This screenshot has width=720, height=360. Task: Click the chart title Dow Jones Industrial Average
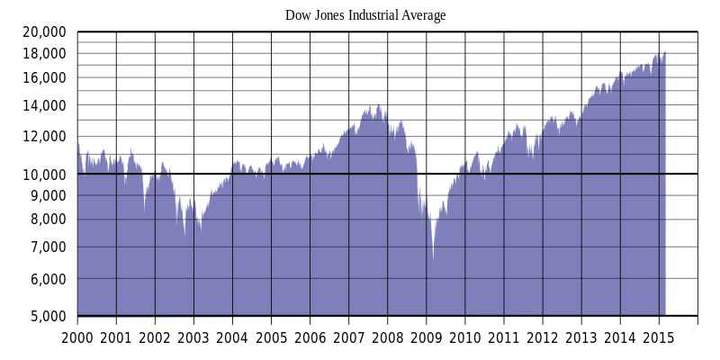click(x=365, y=15)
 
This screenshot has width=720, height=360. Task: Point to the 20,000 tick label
click(x=43, y=31)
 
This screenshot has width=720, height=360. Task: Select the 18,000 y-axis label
click(x=43, y=53)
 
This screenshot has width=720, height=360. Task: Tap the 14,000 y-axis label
click(x=43, y=105)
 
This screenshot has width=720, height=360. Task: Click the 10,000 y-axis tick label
click(x=43, y=174)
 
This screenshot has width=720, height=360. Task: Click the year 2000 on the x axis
click(x=77, y=337)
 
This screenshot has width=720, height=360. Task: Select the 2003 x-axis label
click(x=193, y=337)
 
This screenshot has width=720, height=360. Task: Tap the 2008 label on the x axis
click(x=387, y=337)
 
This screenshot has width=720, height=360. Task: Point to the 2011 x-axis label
click(x=503, y=337)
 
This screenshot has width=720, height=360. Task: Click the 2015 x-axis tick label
click(x=658, y=337)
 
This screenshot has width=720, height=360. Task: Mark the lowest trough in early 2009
click(x=433, y=259)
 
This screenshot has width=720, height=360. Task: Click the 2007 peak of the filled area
click(x=379, y=105)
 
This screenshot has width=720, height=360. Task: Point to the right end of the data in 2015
click(x=665, y=53)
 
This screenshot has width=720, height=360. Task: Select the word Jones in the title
click(x=329, y=15)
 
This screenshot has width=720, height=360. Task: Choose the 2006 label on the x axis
click(x=310, y=337)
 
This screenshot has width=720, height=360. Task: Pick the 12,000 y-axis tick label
click(x=43, y=136)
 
